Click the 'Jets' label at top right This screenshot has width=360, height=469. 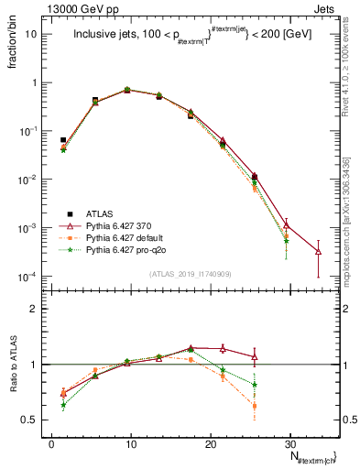click(327, 7)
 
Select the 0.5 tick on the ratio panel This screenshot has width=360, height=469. click(34, 420)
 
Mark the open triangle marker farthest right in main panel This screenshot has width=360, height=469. click(318, 251)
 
